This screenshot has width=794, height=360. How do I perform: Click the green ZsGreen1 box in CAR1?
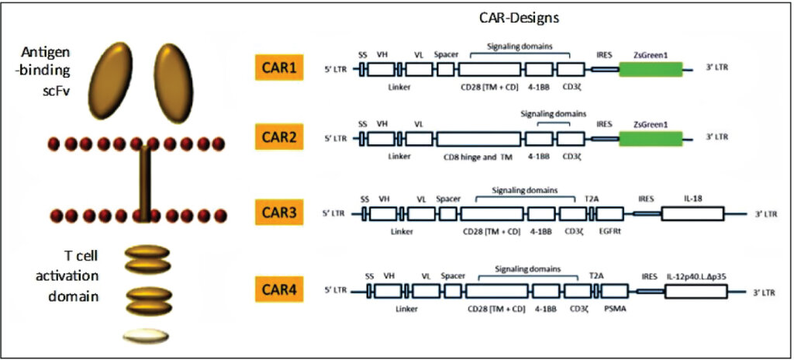(x=651, y=69)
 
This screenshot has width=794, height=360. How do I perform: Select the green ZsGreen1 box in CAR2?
(x=651, y=138)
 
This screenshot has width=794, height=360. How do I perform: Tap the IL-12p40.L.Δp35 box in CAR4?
(x=696, y=292)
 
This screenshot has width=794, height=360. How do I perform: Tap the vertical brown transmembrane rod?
(x=143, y=184)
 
